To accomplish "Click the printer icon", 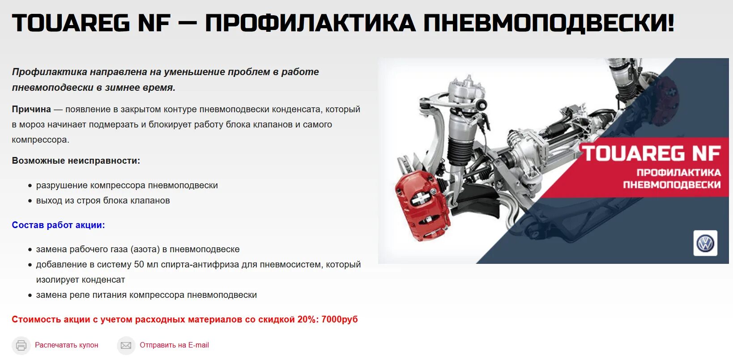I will click(x=21, y=345).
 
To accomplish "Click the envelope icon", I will click(x=126, y=345).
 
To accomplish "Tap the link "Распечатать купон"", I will click(x=66, y=345).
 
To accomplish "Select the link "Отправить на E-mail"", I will click(x=174, y=345).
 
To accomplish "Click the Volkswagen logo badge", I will click(x=705, y=243).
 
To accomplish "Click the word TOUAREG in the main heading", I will click(x=71, y=23).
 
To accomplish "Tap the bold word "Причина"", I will click(x=31, y=109).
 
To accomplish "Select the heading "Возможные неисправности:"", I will click(x=76, y=161).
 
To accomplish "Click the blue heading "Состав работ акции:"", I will click(x=58, y=225).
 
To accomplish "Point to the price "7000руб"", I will click(x=340, y=319).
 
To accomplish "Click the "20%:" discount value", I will click(x=307, y=319).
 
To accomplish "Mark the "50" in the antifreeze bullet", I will click(x=139, y=264).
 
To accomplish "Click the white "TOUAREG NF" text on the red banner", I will click(x=652, y=153).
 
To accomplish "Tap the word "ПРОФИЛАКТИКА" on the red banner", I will click(x=678, y=173).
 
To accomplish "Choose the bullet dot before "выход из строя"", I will click(x=30, y=201).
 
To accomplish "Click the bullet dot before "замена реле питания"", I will click(x=30, y=295).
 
